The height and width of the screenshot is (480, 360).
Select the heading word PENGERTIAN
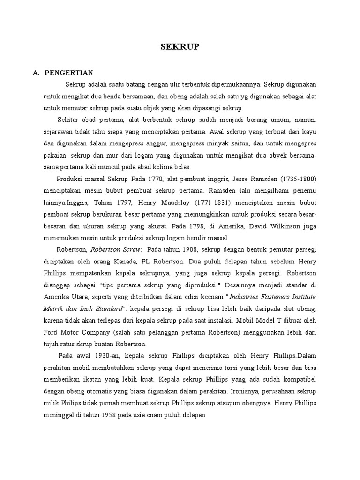(x=69, y=73)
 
